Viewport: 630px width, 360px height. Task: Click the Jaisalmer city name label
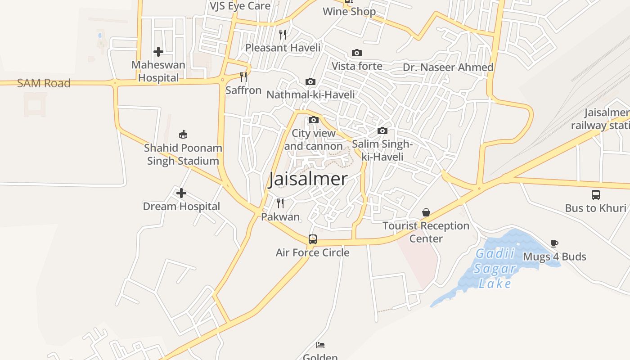[x=308, y=179]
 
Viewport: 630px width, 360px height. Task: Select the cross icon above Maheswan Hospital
[x=158, y=52]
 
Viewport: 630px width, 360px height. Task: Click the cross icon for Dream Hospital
[x=181, y=193]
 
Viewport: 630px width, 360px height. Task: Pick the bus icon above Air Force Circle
[x=313, y=239]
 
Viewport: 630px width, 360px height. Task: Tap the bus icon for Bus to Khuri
[x=596, y=195]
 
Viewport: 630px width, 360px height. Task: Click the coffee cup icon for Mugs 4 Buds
[x=554, y=243]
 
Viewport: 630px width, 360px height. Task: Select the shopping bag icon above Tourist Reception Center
[x=426, y=212]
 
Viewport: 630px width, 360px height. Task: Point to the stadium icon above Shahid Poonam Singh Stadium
[x=183, y=134]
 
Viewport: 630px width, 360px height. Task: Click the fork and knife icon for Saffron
[x=243, y=77]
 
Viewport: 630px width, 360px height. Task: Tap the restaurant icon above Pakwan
[x=280, y=203]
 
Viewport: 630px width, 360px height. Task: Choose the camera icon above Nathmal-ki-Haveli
[x=310, y=81]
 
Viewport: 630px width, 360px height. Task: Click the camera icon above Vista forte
[x=357, y=53]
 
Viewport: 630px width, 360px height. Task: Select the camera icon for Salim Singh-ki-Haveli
[x=382, y=131]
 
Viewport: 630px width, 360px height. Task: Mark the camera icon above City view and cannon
[x=314, y=120]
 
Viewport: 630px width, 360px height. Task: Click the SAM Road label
[x=44, y=83]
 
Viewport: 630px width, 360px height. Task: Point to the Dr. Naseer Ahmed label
[x=448, y=67]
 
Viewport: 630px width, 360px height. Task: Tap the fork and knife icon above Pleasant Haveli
[x=283, y=34]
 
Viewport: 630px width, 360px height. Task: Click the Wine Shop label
[x=349, y=12]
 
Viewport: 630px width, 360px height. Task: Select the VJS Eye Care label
[x=240, y=6]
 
